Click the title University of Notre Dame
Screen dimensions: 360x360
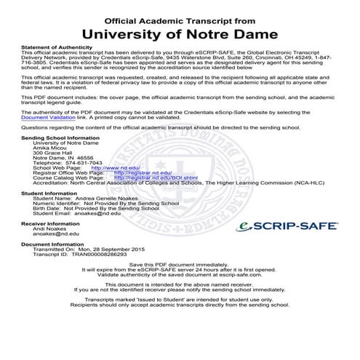(x=180, y=33)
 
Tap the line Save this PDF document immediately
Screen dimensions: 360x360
(x=180, y=264)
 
